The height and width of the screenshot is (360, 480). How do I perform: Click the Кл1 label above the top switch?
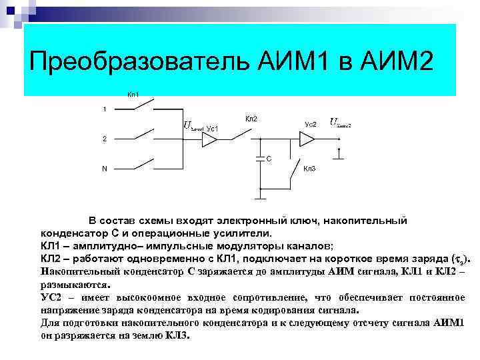133,95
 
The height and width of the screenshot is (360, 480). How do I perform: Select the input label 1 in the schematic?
104,109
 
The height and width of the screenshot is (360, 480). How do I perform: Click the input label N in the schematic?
104,168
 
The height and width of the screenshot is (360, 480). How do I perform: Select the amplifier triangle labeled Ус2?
307,139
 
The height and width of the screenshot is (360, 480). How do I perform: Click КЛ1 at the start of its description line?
54,245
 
